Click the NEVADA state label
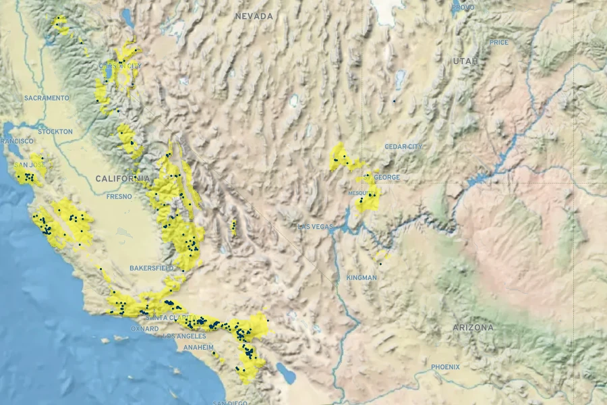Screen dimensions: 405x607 point(254,16)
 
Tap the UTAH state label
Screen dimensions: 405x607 point(465,61)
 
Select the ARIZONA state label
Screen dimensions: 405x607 point(473,327)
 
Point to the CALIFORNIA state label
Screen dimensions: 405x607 point(122,179)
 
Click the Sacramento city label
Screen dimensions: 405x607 point(47,98)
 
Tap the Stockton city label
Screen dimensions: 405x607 point(55,132)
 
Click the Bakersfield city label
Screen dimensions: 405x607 point(152,268)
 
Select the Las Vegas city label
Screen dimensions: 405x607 point(316,226)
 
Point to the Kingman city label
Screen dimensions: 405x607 point(362,277)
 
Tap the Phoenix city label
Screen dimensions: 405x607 point(446,367)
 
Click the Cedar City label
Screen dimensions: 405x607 point(403,146)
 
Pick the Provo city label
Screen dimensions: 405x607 point(463,7)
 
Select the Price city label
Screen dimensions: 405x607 point(499,42)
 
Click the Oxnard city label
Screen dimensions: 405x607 point(145,329)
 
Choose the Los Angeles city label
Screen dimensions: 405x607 point(184,336)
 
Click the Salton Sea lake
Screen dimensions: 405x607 point(287,373)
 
